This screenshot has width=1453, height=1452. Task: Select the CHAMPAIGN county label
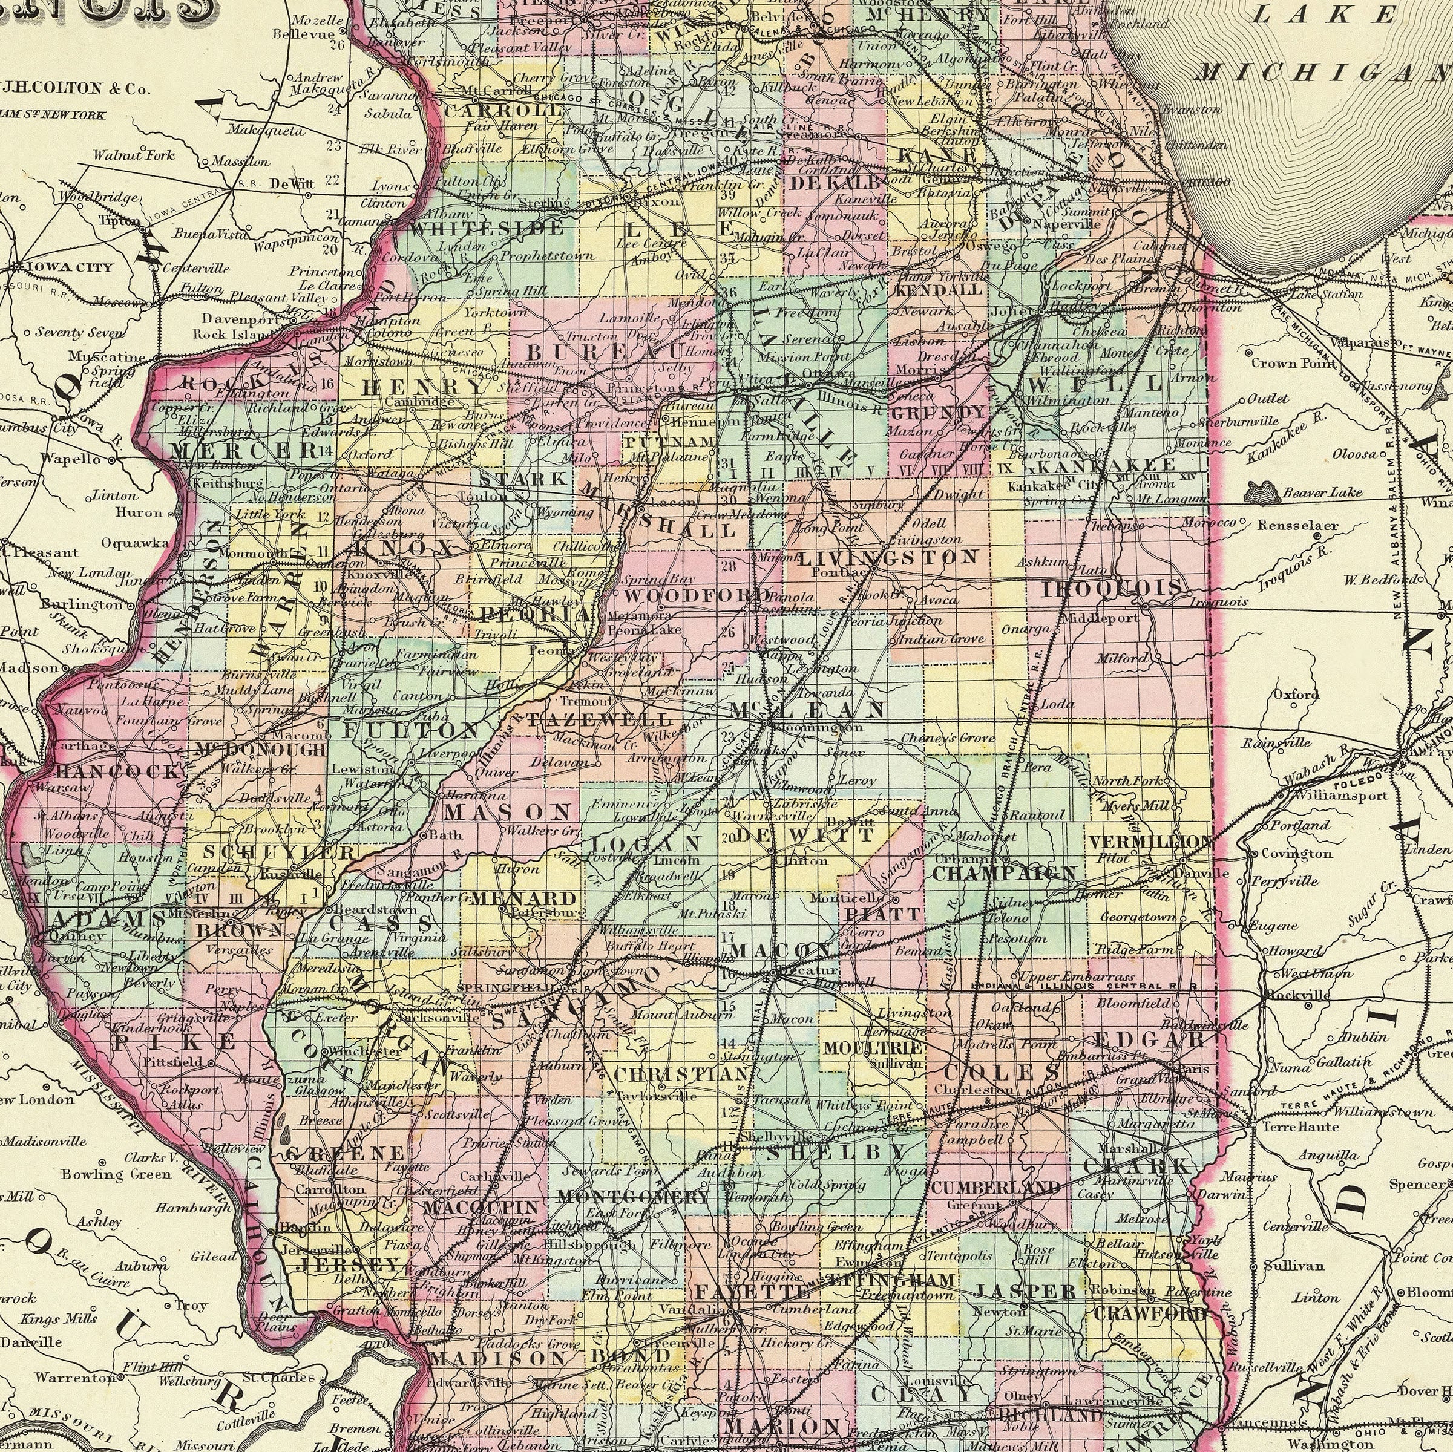click(1004, 874)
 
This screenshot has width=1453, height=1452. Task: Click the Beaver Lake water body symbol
click(1261, 493)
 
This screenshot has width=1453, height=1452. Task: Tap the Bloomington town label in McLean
click(817, 728)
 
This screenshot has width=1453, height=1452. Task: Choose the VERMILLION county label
click(1150, 842)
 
